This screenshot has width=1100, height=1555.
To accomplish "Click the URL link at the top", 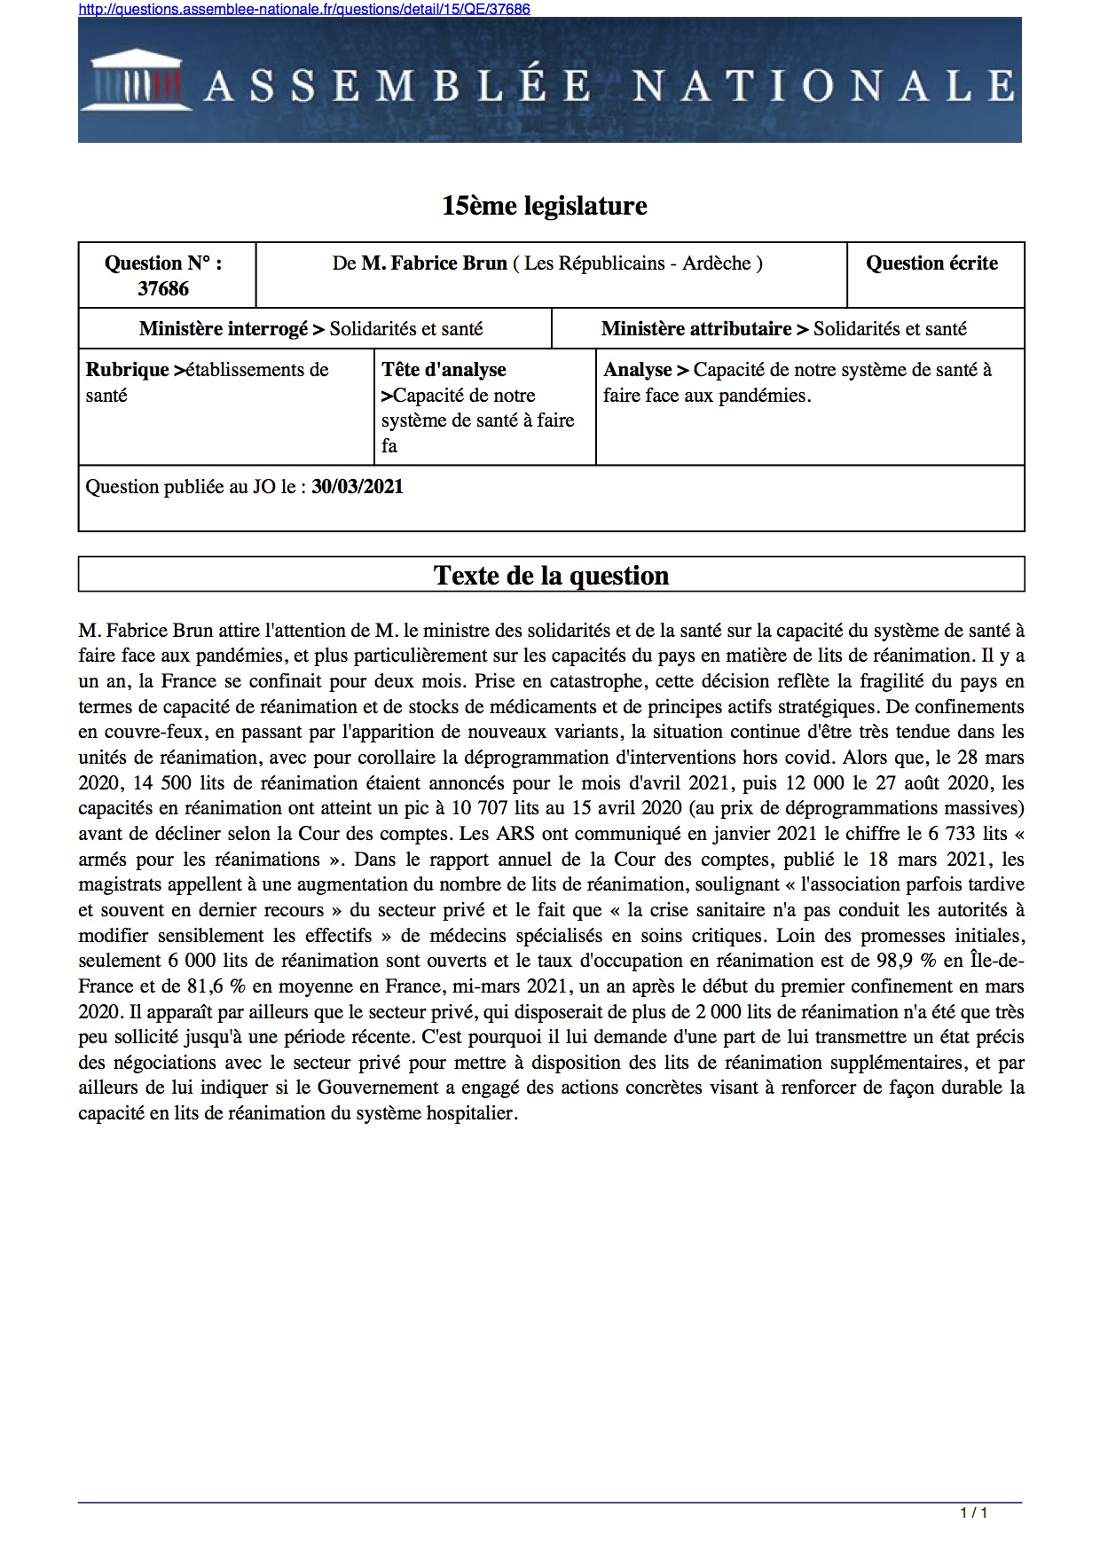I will pyautogui.click(x=304, y=9).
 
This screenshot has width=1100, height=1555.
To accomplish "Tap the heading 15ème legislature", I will pyautogui.click(x=545, y=206).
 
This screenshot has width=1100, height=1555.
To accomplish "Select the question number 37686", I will pyautogui.click(x=163, y=288).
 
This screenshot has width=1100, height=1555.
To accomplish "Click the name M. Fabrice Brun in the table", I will pyautogui.click(x=435, y=263).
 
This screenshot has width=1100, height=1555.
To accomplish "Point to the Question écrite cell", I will pyautogui.click(x=931, y=263).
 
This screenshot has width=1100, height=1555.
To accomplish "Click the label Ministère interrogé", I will pyautogui.click(x=224, y=329).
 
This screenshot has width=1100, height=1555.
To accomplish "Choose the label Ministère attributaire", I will pyautogui.click(x=696, y=329).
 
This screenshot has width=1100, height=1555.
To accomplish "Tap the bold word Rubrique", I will pyautogui.click(x=127, y=370).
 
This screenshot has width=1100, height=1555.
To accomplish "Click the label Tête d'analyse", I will pyautogui.click(x=444, y=370).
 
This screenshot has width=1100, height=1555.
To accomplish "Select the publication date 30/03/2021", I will pyautogui.click(x=357, y=487).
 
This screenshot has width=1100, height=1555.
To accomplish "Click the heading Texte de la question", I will pyautogui.click(x=551, y=576).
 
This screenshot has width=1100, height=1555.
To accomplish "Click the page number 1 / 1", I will pyautogui.click(x=974, y=1512).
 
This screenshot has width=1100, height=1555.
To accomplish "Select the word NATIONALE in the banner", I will pyautogui.click(x=823, y=86).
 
